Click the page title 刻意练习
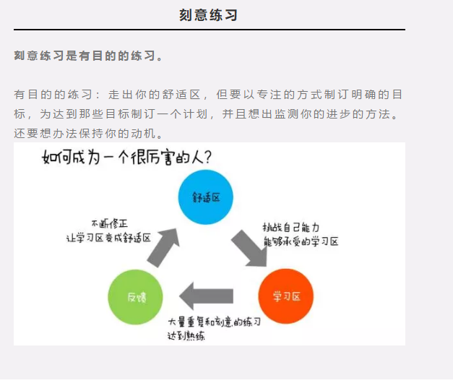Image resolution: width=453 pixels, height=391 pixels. tap(208, 14)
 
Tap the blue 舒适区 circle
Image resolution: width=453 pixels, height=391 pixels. tap(206, 197)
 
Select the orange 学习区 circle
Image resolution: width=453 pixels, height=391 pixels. tap(285, 296)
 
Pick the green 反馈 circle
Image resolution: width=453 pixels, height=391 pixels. tap(135, 296)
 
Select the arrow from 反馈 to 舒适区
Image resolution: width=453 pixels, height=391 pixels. tap(164, 246)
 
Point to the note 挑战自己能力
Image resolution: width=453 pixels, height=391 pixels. tap(291, 227)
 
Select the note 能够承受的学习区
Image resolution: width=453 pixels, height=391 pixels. tap(301, 241)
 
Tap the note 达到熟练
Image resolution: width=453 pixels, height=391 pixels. tap(186, 335)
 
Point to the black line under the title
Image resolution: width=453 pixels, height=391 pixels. tap(210, 30)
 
